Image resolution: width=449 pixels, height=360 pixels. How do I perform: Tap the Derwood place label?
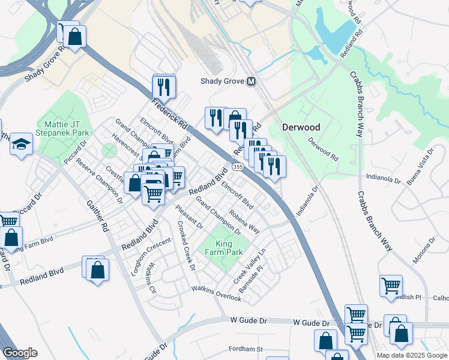point(301,127)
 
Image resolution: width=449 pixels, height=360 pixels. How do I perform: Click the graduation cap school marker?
point(22,144)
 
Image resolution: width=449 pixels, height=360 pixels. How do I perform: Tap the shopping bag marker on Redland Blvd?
point(97,269)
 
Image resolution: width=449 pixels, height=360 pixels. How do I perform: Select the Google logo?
point(20,353)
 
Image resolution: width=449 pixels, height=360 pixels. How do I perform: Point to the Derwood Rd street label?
point(323,150)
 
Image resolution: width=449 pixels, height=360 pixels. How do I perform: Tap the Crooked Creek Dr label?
point(186,245)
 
